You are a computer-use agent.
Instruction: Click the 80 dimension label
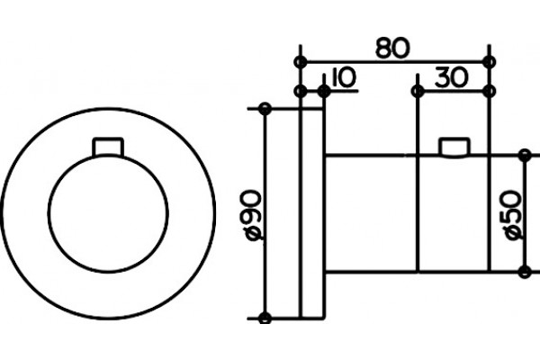(392, 48)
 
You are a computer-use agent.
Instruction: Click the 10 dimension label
(343, 77)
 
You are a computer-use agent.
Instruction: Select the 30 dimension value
(452, 77)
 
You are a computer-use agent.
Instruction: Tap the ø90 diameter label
(255, 215)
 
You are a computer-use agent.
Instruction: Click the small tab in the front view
(108, 147)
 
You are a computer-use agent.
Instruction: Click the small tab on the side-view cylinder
(454, 148)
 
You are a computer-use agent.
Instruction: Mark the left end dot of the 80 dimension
(301, 62)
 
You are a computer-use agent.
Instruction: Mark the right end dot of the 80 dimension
(489, 62)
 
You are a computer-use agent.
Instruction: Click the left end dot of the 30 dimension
(418, 91)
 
